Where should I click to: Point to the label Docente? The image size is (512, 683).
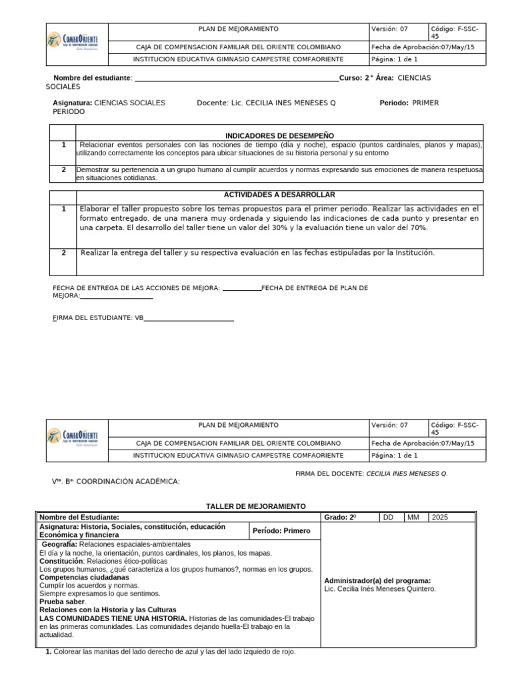pyautogui.click(x=213, y=103)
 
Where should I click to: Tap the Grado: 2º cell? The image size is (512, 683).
pyautogui.click(x=340, y=517)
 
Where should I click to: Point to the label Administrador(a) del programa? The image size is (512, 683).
pyautogui.click(x=377, y=581)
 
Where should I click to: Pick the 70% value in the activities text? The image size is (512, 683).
pyautogui.click(x=417, y=228)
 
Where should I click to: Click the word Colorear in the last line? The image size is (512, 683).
pyautogui.click(x=68, y=652)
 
